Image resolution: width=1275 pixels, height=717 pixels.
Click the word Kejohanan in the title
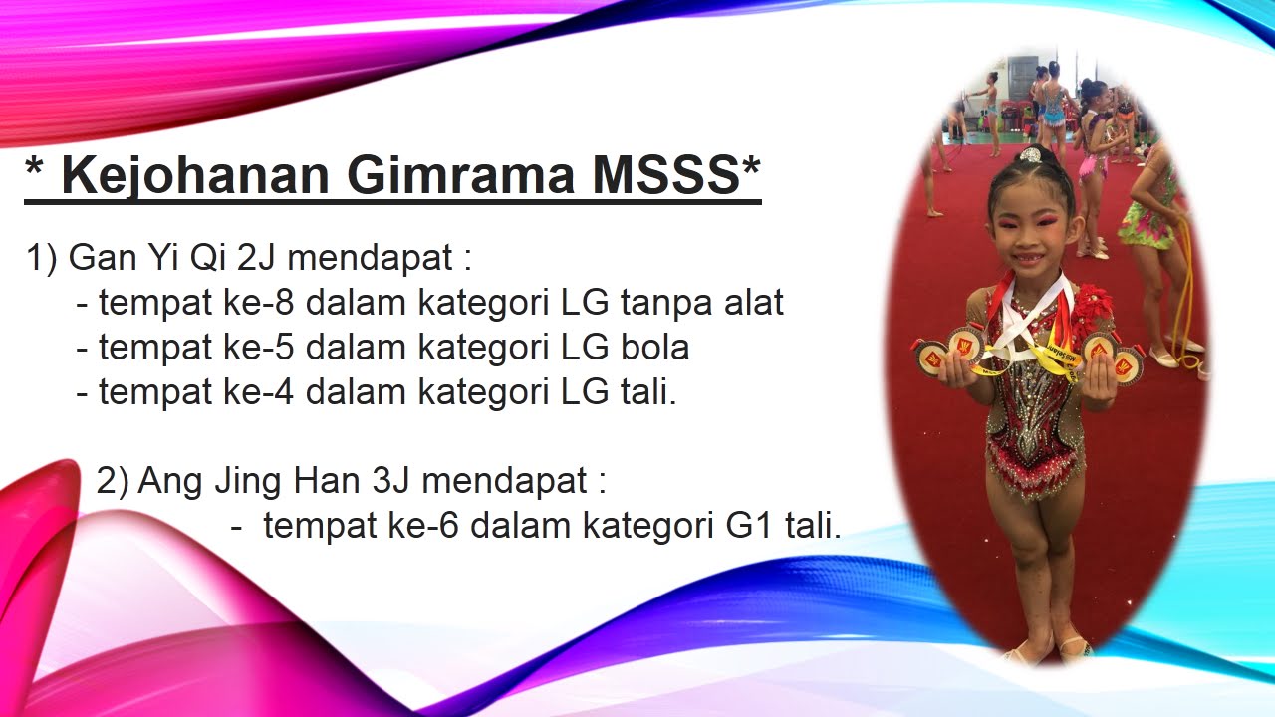[194, 175]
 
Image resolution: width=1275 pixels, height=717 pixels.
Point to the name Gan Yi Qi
[147, 259]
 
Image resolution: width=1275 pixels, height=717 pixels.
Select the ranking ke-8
[268, 302]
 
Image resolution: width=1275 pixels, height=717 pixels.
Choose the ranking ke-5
[268, 347]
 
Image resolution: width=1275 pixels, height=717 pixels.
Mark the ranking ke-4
[268, 391]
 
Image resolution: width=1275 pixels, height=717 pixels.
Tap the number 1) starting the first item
[42, 259]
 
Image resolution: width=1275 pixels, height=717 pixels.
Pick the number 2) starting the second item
[113, 482]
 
